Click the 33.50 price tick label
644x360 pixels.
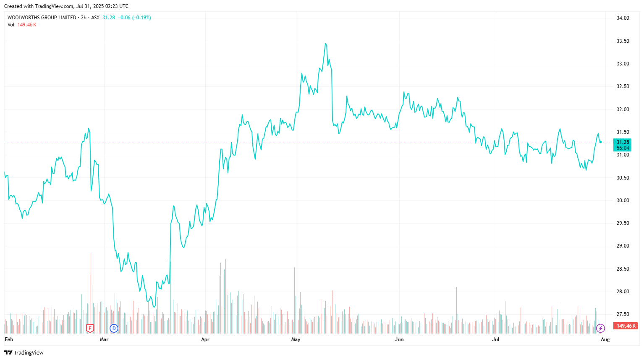(x=623, y=41)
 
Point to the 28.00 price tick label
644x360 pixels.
(x=623, y=292)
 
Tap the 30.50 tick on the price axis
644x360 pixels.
(x=623, y=178)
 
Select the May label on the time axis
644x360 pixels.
(x=296, y=339)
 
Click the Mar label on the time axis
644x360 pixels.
(x=104, y=339)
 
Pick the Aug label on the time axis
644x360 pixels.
(x=605, y=339)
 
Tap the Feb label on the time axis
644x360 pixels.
(x=9, y=339)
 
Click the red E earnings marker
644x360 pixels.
(x=90, y=328)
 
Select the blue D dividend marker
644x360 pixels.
(x=114, y=328)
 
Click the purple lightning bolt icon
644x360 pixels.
(x=601, y=328)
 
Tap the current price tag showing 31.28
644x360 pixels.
(x=623, y=142)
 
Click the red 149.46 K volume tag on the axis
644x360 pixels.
(x=625, y=326)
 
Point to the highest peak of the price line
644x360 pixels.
(x=325, y=44)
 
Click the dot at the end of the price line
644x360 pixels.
(x=601, y=142)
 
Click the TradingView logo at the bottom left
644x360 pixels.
(x=24, y=352)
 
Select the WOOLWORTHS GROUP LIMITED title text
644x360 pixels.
(x=42, y=18)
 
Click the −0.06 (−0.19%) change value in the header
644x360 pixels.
(x=134, y=18)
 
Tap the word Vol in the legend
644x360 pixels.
(x=11, y=25)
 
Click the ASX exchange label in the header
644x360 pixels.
(x=95, y=18)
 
